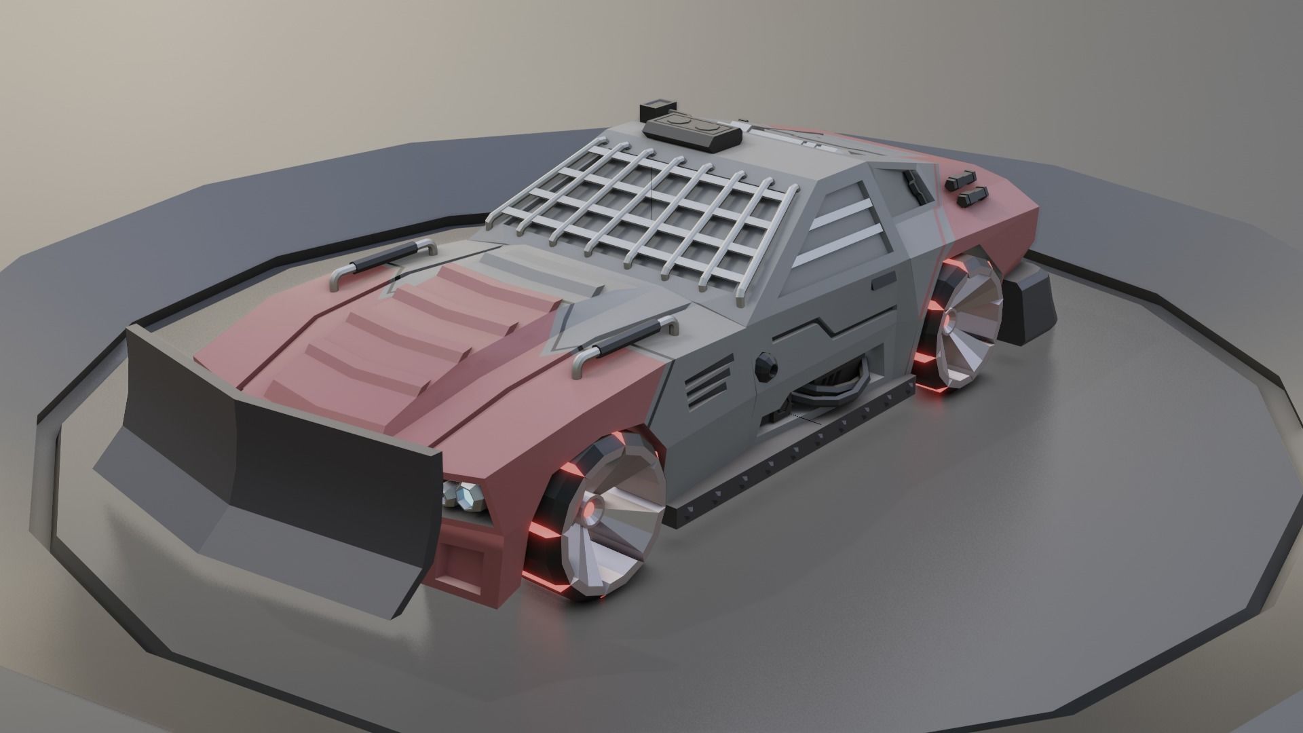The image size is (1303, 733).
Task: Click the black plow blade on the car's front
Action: (271, 434)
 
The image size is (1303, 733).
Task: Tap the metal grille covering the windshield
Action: (645, 204)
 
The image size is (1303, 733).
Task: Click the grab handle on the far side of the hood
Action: (383, 261)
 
